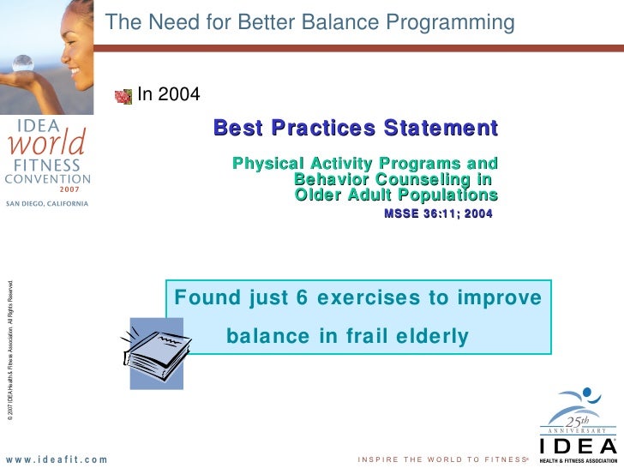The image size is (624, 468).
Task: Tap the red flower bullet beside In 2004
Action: pos(123,97)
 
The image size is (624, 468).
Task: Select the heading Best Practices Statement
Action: pos(356,128)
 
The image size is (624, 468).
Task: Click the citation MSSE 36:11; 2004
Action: pos(438,213)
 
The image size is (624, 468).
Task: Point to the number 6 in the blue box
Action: pos(302,297)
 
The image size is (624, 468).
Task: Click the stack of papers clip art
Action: pos(156,353)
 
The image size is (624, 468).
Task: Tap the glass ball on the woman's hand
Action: pos(22,63)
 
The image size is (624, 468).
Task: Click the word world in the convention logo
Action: pos(47,142)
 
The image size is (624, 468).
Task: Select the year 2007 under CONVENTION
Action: pos(69,189)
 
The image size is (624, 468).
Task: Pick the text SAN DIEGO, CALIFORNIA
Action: pos(47,204)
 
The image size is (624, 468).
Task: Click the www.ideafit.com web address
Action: pos(57,459)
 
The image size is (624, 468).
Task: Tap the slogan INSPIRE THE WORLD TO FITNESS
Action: pos(442,459)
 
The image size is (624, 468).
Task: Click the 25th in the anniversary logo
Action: pos(577,422)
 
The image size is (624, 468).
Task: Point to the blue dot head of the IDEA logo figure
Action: pos(587,393)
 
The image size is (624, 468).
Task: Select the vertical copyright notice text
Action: pos(10,351)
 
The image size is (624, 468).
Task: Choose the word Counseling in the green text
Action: pos(423,180)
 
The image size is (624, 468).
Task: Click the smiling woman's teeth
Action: pos(75,72)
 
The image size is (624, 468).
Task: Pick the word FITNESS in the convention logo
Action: pos(47,165)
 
